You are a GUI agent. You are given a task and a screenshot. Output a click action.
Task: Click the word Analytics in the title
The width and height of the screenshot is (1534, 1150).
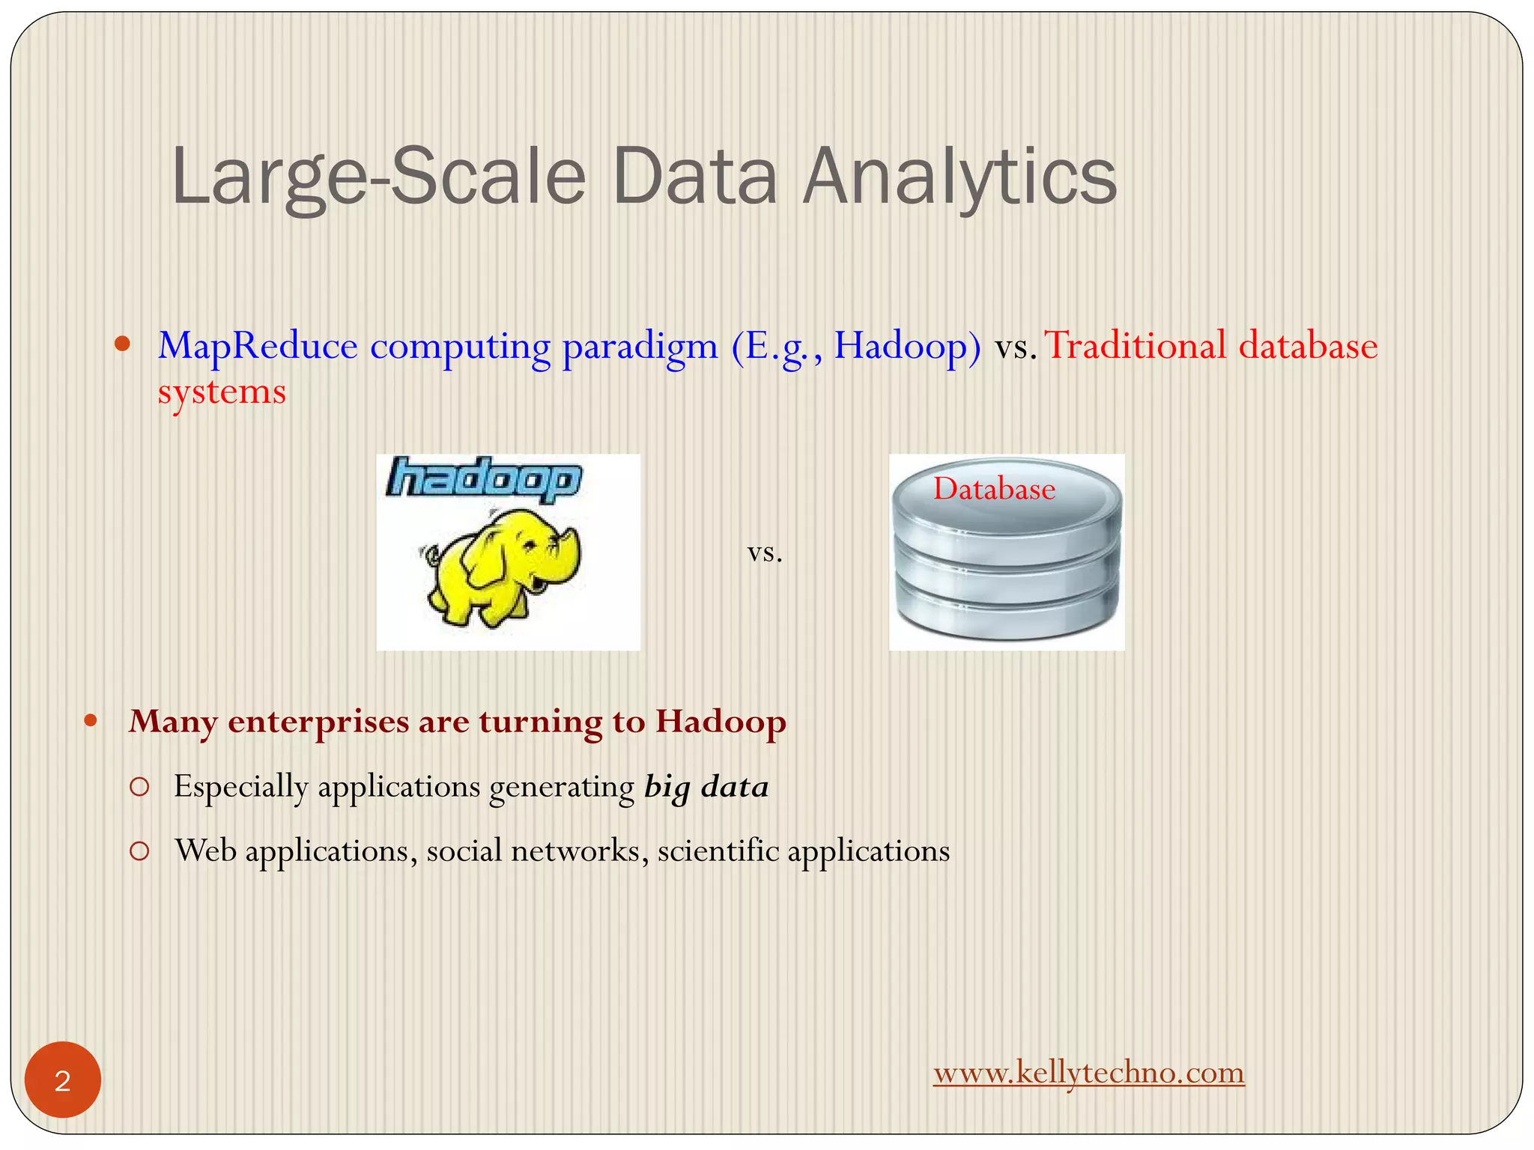[x=959, y=177]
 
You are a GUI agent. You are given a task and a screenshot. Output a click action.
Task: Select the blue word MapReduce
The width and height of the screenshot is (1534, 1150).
[x=258, y=346]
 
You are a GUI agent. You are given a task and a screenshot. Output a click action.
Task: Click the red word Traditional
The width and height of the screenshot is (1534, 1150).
[x=1136, y=346]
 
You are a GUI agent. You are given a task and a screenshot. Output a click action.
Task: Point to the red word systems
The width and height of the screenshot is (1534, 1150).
[x=222, y=392]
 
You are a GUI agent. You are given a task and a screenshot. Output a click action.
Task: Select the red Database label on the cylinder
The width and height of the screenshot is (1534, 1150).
[x=994, y=489]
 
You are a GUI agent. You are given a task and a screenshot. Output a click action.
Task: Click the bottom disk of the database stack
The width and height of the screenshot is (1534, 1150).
[x=1006, y=614]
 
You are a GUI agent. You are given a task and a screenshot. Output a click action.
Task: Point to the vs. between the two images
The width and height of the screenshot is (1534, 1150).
[x=765, y=553]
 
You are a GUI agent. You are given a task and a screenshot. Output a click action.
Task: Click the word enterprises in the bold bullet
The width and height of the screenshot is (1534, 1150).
[x=318, y=722]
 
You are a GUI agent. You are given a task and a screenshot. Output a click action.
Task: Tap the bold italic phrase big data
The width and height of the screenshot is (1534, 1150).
[x=706, y=787]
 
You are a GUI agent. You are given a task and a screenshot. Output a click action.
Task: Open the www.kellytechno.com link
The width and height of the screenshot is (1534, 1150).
[x=1088, y=1072]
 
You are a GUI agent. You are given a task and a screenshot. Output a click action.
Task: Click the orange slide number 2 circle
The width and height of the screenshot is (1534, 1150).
[x=63, y=1080]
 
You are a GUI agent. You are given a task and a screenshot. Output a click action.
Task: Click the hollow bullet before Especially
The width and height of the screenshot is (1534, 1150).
[x=139, y=787]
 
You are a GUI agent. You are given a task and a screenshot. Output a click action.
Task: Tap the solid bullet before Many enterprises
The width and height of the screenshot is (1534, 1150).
[x=91, y=722]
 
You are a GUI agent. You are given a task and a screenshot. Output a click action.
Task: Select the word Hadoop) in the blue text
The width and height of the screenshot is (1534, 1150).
[x=907, y=346]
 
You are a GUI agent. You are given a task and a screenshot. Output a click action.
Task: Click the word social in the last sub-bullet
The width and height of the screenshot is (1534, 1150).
[x=464, y=851]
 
